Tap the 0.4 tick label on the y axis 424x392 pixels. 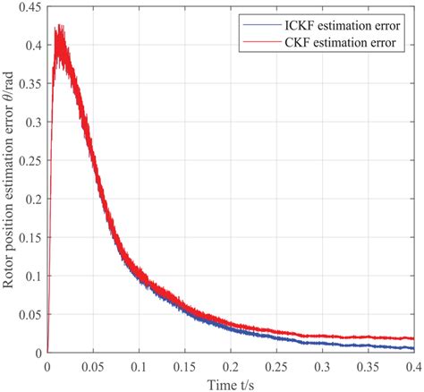(32, 45)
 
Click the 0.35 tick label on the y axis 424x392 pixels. (29, 83)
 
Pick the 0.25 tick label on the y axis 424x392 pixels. (29, 160)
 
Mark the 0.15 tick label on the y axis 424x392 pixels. (29, 237)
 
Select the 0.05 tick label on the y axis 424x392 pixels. (29, 314)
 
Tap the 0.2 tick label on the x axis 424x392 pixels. (232, 365)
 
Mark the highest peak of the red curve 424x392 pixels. (59, 26)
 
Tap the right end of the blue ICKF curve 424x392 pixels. (414, 348)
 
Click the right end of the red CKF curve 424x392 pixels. (414, 338)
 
